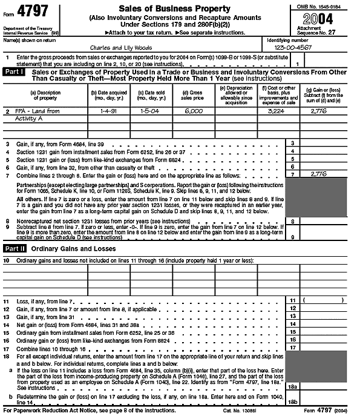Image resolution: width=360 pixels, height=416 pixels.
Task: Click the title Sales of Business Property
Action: click(x=174, y=8)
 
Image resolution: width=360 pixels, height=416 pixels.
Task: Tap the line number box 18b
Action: click(x=292, y=400)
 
